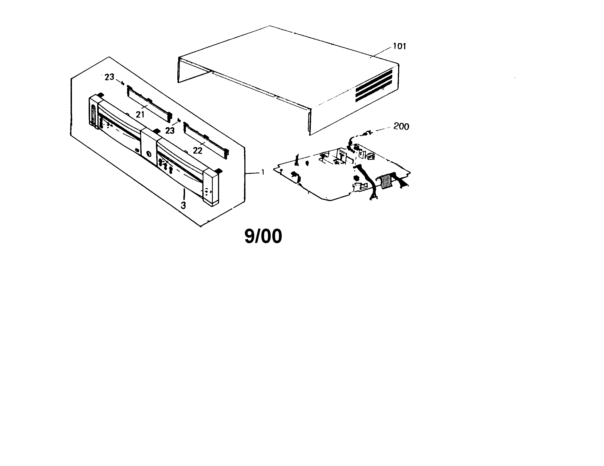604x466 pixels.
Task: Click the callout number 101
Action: (x=399, y=46)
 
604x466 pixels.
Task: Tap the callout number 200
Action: (x=401, y=126)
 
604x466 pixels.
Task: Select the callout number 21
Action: (x=140, y=114)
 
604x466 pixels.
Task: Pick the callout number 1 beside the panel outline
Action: (x=263, y=172)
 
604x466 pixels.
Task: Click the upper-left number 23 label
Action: (x=110, y=77)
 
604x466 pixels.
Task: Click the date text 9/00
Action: (x=263, y=236)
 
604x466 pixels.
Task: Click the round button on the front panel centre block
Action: (x=149, y=154)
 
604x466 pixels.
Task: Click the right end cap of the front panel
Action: (x=211, y=187)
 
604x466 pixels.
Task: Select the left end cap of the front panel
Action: (x=94, y=111)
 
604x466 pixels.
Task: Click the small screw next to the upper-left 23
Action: (x=122, y=82)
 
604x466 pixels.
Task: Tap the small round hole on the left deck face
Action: (x=138, y=150)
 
